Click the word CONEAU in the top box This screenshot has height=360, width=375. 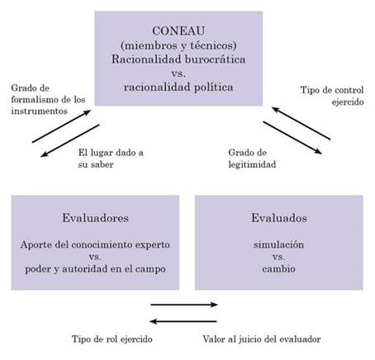[178, 31]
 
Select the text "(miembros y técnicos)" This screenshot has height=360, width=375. [178, 45]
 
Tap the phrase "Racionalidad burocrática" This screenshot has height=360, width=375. [178, 59]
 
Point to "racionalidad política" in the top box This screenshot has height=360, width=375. [178, 88]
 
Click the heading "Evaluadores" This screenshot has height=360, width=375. [95, 218]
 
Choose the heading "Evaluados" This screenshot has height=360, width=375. [279, 218]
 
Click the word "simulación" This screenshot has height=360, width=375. [278, 244]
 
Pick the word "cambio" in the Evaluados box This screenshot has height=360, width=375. [278, 268]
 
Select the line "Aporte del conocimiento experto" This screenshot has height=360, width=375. [95, 244]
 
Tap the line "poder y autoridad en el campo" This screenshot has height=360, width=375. [95, 269]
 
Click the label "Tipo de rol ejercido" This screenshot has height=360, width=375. [112, 339]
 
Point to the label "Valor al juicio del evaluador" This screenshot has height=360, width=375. [262, 339]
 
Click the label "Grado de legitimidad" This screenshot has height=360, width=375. [252, 159]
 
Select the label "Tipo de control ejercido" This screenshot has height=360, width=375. [332, 96]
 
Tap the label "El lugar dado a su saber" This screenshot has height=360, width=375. [111, 159]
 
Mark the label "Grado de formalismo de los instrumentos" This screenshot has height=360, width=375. [48, 100]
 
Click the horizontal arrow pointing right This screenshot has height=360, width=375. [184, 305]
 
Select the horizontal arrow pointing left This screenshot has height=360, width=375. [183, 321]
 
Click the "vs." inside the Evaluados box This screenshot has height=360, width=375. [278, 257]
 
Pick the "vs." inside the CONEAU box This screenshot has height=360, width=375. [178, 73]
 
